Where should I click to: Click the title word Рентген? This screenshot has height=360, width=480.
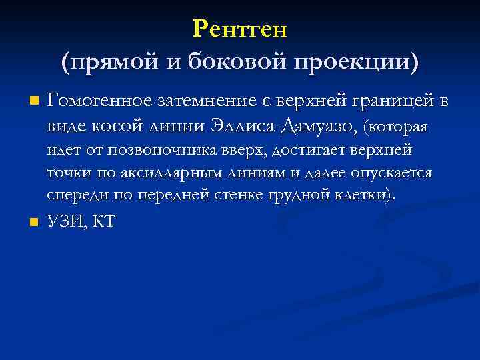(239, 29)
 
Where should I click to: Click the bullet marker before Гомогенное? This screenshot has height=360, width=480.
(34, 102)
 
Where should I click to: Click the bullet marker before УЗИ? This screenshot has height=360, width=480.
(34, 222)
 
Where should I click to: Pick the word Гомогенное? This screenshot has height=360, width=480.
(99, 101)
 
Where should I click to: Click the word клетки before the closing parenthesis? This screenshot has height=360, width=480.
(355, 195)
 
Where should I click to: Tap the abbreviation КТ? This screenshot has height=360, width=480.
(103, 222)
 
